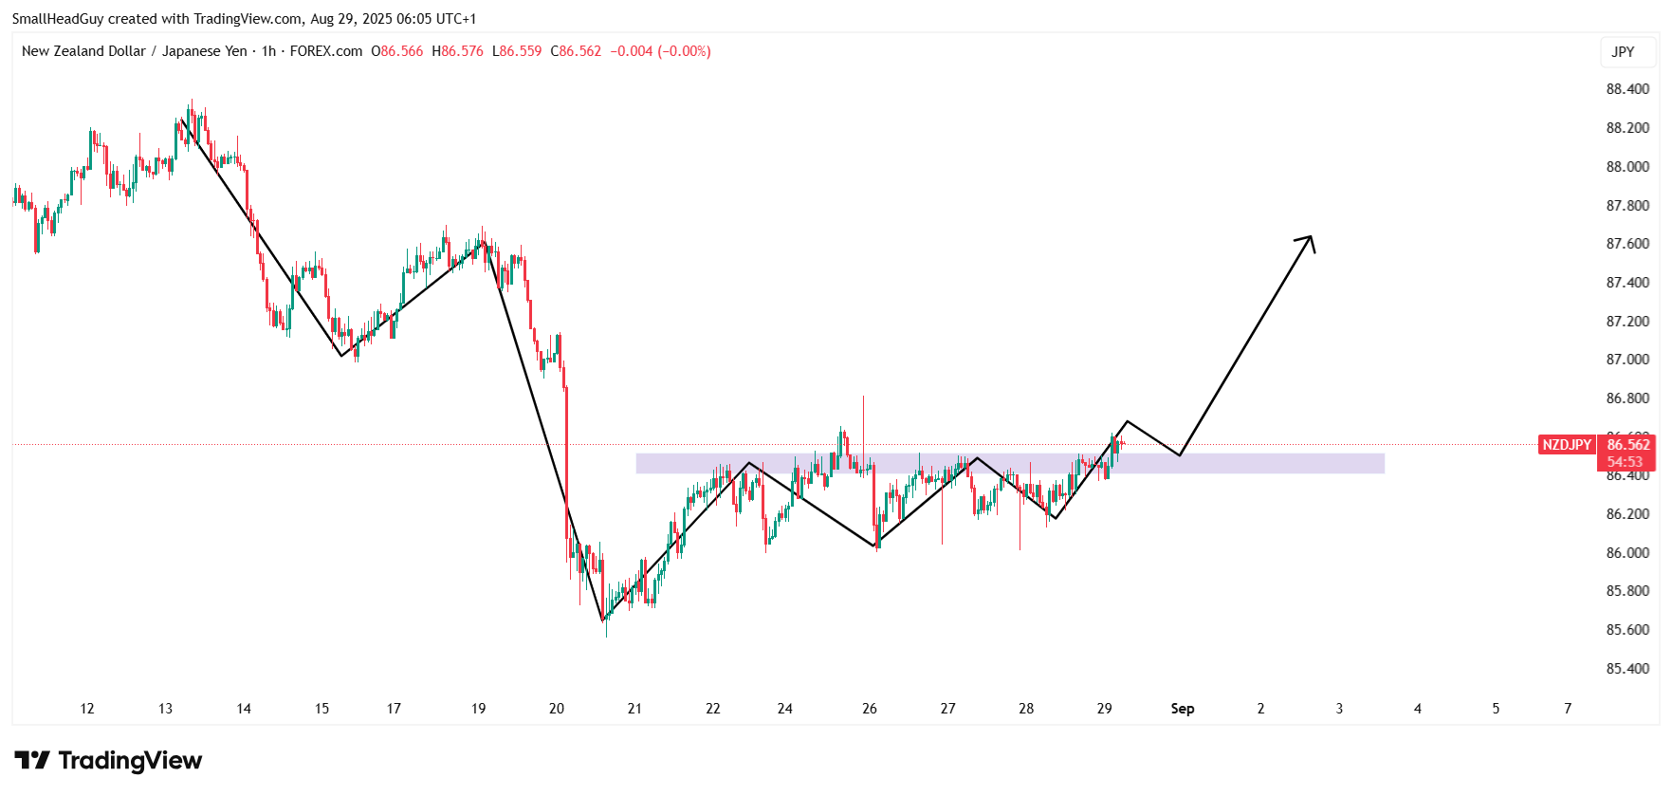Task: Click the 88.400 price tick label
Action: click(x=1626, y=89)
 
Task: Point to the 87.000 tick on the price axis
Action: click(x=1626, y=360)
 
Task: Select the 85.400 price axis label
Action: click(x=1626, y=669)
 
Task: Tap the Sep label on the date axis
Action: click(x=1182, y=709)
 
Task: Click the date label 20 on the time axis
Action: click(x=557, y=709)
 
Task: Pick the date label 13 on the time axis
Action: click(x=165, y=709)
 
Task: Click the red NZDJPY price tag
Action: click(x=1566, y=445)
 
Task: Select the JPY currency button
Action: click(x=1623, y=52)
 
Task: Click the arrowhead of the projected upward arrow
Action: click(x=1308, y=240)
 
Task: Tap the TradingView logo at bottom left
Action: click(x=108, y=761)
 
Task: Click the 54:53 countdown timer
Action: click(x=1624, y=462)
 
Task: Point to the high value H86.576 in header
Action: click(x=457, y=51)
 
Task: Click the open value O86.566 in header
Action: click(x=396, y=51)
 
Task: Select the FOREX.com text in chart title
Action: click(x=325, y=51)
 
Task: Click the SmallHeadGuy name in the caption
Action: click(x=58, y=19)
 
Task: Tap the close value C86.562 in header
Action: click(x=576, y=51)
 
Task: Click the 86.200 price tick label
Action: click(x=1626, y=514)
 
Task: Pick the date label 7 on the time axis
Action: click(x=1568, y=709)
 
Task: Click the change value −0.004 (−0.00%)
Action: click(x=660, y=51)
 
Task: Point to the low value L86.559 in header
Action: click(x=517, y=51)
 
